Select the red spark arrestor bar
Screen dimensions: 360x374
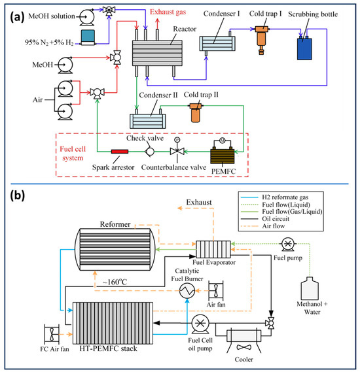[x=120, y=152]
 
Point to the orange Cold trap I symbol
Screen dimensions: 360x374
[x=261, y=39]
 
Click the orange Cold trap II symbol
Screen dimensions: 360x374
[x=195, y=112]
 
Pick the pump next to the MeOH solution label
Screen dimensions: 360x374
[x=86, y=17]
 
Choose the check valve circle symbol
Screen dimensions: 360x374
[x=150, y=152]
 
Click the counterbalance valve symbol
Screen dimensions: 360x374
[x=177, y=150]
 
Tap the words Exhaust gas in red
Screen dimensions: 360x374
[x=168, y=12]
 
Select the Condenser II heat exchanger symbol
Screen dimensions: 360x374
[x=147, y=121]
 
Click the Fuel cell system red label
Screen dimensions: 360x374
[x=73, y=154]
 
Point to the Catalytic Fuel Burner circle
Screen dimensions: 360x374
[x=187, y=290]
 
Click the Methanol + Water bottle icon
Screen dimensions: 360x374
[x=310, y=288]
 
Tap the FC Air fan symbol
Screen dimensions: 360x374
[x=52, y=334]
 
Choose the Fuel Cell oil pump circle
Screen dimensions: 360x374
[x=200, y=324]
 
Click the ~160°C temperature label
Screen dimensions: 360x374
[x=115, y=282]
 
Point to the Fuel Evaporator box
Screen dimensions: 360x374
[x=213, y=249]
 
